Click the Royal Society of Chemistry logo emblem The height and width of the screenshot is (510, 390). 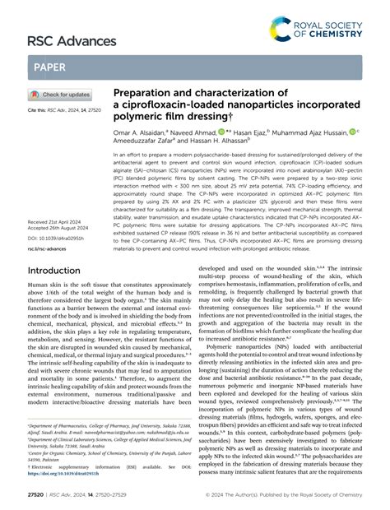[x=279, y=33]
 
